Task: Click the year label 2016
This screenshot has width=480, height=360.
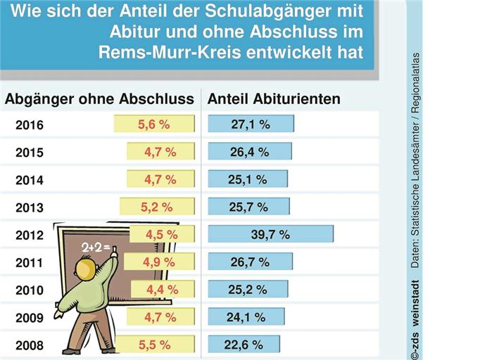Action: (x=29, y=126)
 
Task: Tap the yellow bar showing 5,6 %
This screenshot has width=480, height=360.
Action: (x=154, y=124)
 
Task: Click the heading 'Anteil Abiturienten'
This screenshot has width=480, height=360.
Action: (x=274, y=99)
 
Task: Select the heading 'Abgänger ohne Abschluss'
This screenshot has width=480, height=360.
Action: (x=99, y=99)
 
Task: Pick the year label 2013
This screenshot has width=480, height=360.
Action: (x=29, y=208)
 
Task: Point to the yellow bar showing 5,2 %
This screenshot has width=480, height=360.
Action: (x=156, y=207)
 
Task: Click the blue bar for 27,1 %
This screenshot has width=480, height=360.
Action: (x=251, y=124)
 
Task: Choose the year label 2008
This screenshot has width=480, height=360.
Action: (x=29, y=346)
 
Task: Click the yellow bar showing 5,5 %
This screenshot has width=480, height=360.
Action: (x=154, y=345)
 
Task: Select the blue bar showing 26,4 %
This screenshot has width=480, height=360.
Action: (x=249, y=152)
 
